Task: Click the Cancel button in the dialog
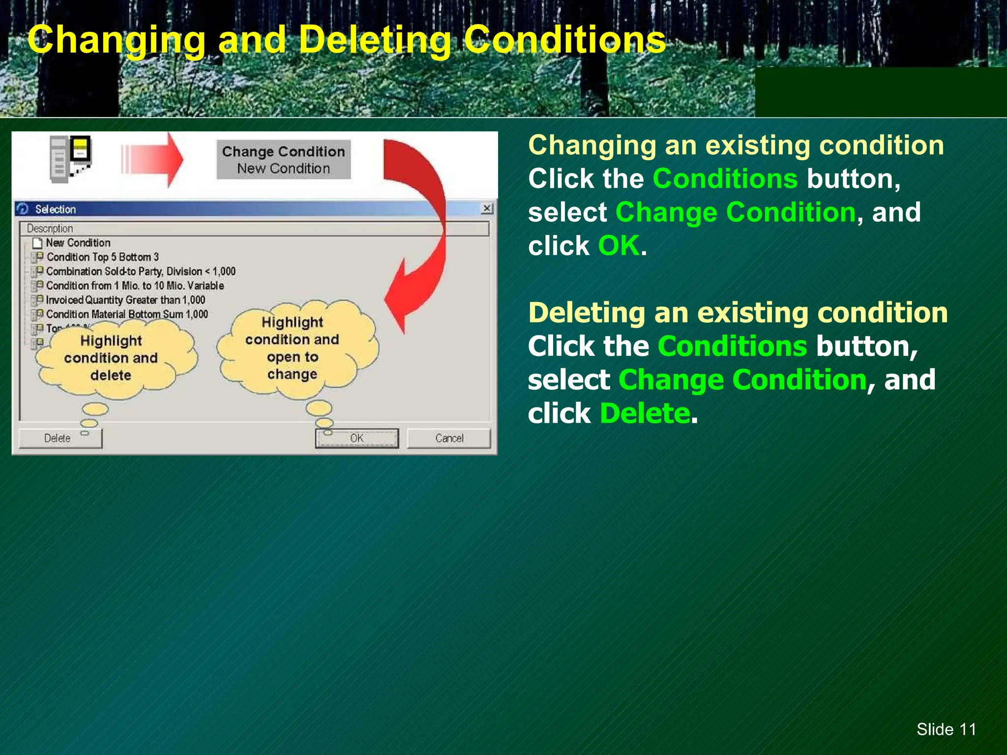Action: point(449,438)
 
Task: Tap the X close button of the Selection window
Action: point(486,208)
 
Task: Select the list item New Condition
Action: point(78,243)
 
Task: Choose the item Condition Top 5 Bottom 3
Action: point(102,257)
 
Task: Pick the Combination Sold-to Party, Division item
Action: point(140,271)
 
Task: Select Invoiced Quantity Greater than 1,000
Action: point(125,300)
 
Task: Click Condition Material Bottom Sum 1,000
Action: point(126,314)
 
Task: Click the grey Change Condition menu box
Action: point(283,160)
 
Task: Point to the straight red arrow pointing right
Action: point(152,160)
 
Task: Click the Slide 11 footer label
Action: point(946,729)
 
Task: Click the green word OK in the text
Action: point(619,246)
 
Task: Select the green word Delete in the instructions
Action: point(645,413)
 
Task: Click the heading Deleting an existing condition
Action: point(738,313)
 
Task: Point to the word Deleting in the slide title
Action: point(375,40)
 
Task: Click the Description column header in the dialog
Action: point(50,229)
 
